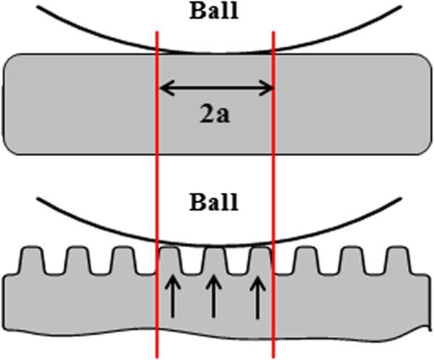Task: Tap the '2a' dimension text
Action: click(x=216, y=114)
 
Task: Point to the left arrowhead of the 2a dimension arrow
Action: click(x=162, y=89)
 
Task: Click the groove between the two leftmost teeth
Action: click(x=54, y=269)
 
